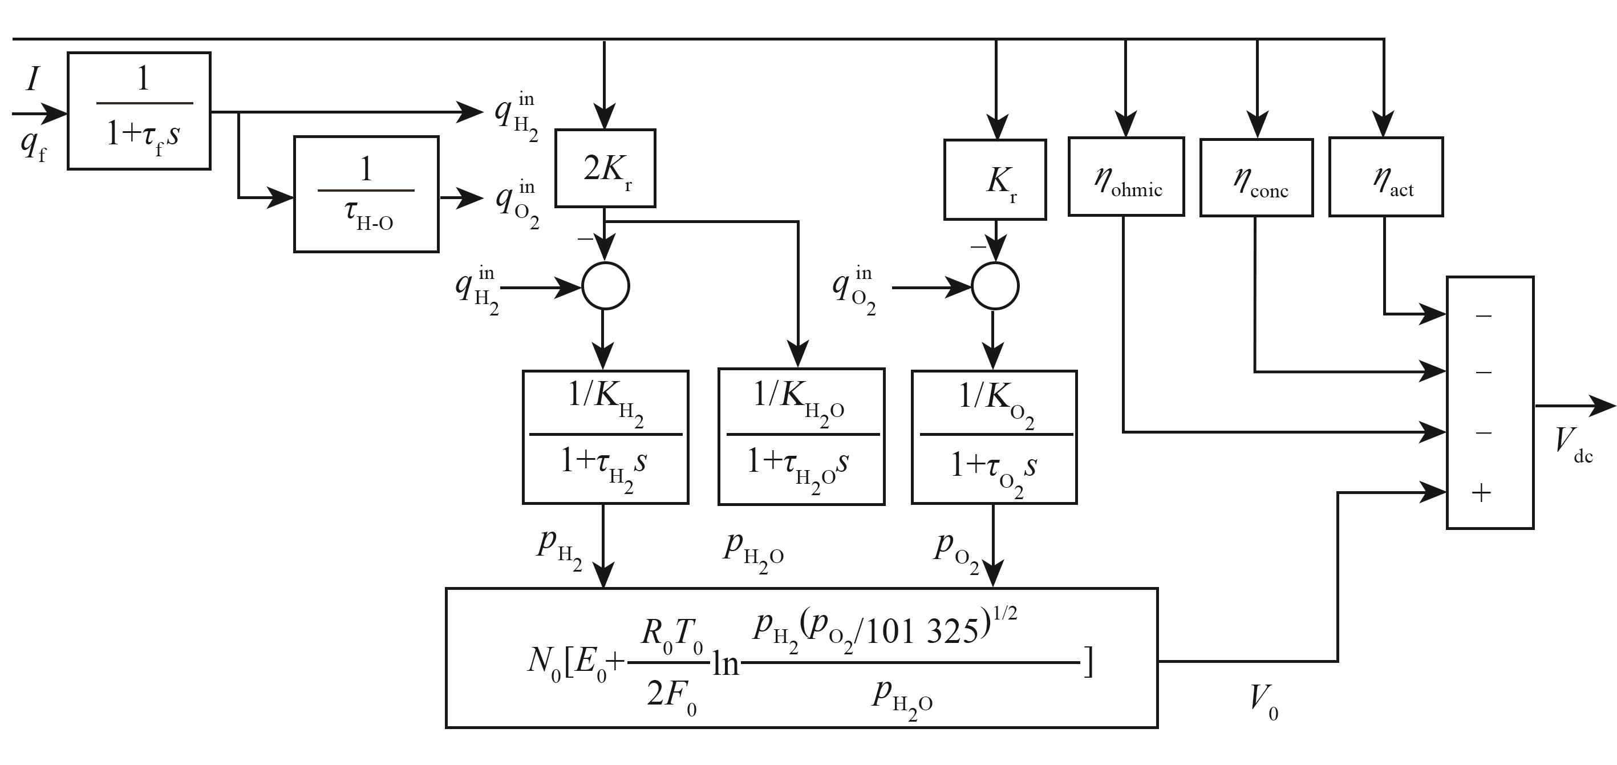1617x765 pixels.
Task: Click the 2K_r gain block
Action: pos(605,168)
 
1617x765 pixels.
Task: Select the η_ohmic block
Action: pos(1126,177)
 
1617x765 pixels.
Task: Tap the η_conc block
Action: pos(1256,178)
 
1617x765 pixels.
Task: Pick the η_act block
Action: pos(1385,177)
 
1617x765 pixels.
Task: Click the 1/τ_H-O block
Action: pos(366,194)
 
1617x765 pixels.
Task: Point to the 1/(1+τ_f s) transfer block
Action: pos(139,111)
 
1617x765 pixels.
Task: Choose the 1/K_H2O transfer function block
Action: pos(801,436)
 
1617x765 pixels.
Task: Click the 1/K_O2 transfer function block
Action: pos(994,437)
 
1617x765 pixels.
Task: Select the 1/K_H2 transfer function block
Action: pos(605,437)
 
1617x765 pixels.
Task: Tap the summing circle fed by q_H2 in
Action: pos(605,286)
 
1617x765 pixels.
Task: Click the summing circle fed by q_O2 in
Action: pos(995,286)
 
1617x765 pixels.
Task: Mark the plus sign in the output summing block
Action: pos(1481,493)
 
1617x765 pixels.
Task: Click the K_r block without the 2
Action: pos(995,180)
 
